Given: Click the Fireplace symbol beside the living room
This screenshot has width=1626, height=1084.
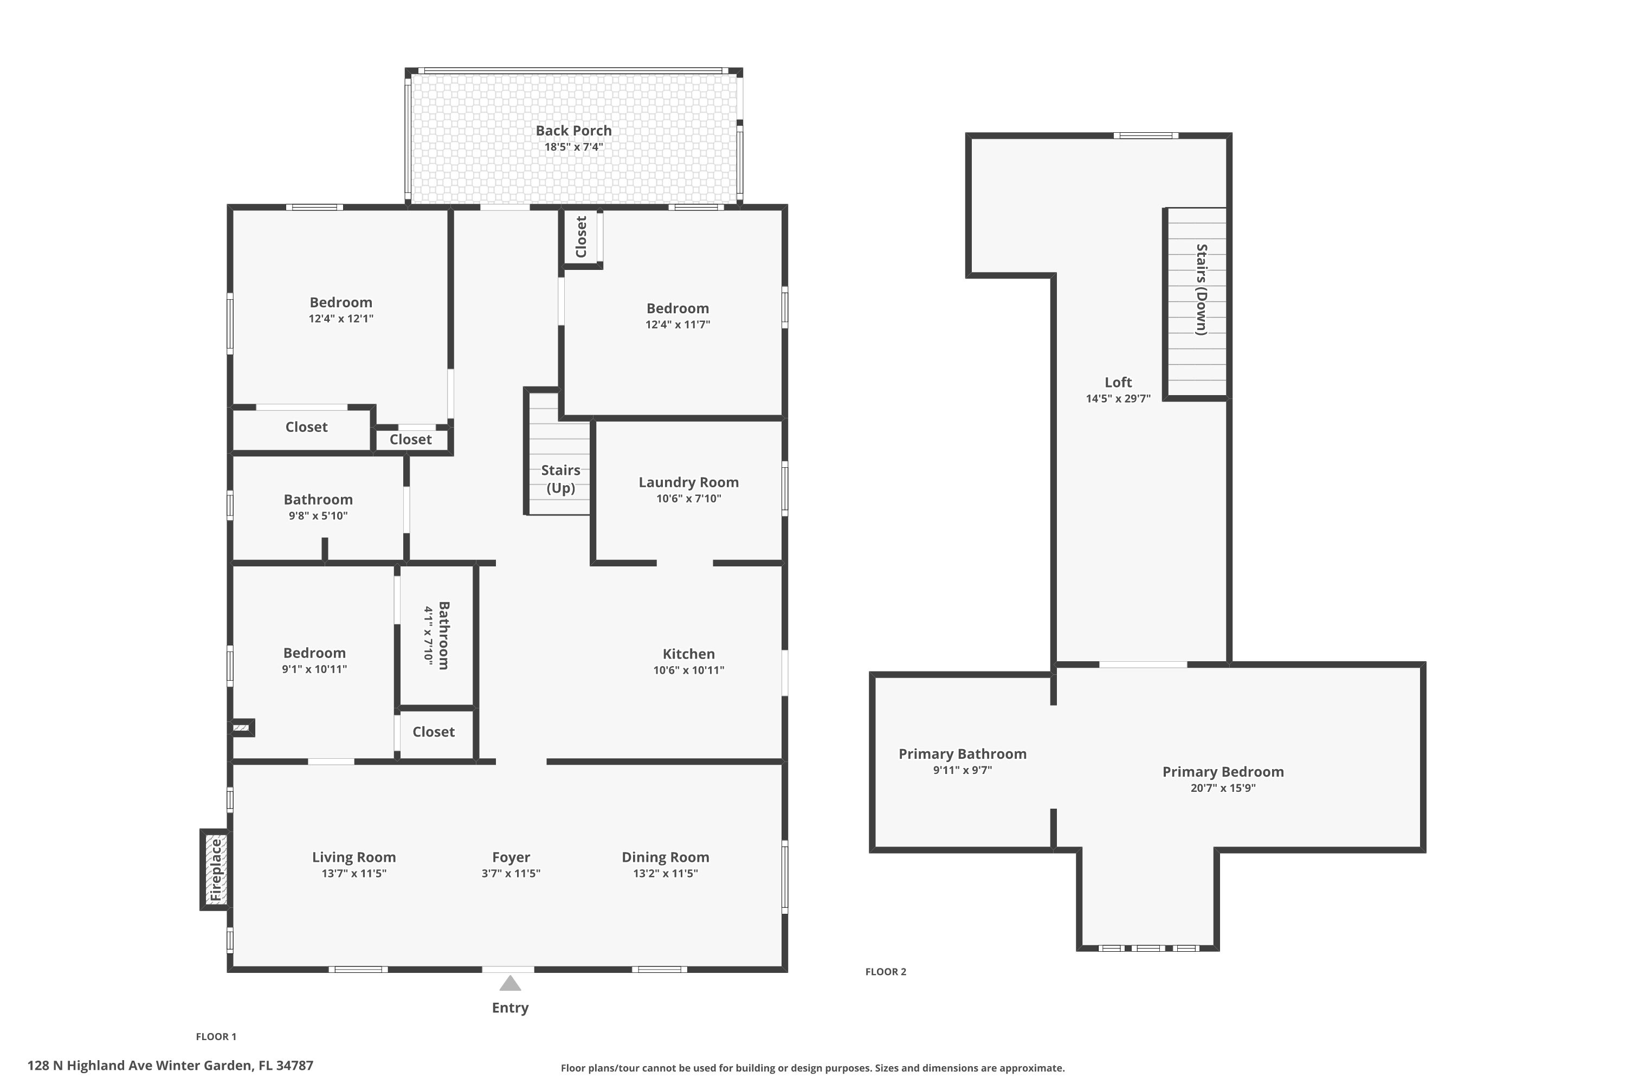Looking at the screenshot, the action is [x=215, y=870].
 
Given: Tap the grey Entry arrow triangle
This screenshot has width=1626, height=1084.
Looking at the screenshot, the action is [x=510, y=983].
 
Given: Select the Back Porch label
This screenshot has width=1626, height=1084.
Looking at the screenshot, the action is [x=574, y=131].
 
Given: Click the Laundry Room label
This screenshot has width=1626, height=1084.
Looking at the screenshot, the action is [x=688, y=482].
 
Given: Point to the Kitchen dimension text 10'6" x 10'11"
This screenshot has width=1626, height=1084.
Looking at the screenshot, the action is [x=688, y=670].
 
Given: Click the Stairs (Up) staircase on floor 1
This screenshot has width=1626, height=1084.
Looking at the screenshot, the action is [x=559, y=452].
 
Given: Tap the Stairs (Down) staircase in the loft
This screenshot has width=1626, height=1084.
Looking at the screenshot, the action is [x=1197, y=304].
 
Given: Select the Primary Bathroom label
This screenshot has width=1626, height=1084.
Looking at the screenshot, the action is [x=963, y=754].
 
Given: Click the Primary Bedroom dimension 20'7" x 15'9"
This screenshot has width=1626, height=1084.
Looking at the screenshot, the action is [x=1223, y=788].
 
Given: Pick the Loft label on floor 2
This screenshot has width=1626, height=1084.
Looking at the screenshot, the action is [x=1118, y=382].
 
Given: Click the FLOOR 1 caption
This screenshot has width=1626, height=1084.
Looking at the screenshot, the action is [x=216, y=1036].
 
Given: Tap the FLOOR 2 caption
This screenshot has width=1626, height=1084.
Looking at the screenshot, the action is [x=886, y=971].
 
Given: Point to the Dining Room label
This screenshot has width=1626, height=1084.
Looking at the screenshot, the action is [x=665, y=857].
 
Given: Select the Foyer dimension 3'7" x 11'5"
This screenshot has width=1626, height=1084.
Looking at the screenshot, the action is [x=511, y=873].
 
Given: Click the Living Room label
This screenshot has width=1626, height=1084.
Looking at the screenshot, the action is [x=354, y=857].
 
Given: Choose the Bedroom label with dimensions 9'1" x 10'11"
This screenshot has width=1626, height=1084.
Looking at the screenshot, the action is [x=314, y=653].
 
